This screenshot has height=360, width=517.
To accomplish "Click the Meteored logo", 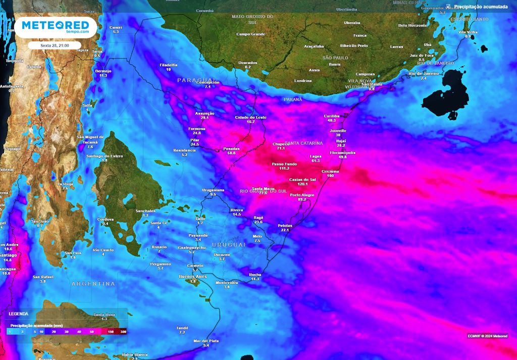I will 55,27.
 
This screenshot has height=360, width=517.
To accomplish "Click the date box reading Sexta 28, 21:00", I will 55,45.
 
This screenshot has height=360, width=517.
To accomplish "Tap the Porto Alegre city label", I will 302,195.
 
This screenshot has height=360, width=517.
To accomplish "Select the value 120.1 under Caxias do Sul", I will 302,184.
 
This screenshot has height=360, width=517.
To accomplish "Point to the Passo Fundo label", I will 284,164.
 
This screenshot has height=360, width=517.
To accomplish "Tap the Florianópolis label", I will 342,152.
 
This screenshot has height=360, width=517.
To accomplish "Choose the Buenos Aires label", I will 193,277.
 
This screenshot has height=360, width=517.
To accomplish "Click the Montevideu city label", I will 226,283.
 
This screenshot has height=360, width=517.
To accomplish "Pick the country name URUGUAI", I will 229,244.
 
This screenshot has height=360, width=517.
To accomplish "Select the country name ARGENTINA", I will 93,284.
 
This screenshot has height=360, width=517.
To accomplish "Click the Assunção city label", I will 204,114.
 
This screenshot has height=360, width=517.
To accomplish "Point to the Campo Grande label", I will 250,34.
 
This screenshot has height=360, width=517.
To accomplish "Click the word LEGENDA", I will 19,314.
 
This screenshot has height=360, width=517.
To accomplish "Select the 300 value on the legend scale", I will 123,332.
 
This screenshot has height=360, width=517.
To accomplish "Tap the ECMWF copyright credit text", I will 487,336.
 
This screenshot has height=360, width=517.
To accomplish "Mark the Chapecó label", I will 281,144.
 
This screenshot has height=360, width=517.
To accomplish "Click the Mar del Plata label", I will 206,341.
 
